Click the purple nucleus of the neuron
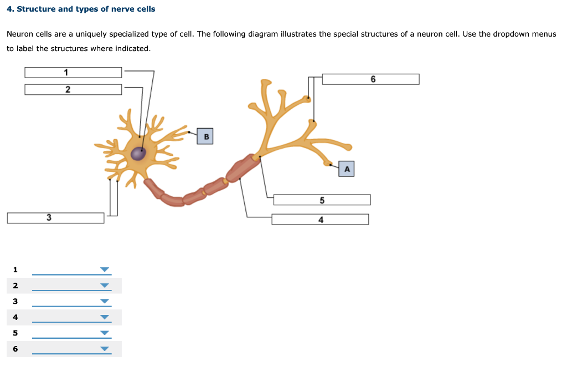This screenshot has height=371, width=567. click(138, 154)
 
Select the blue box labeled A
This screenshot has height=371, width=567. click(347, 169)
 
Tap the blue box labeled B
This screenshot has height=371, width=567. click(205, 136)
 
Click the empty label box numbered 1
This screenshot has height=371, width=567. click(73, 73)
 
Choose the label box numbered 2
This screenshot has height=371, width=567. click(73, 89)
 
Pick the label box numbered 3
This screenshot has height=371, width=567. click(55, 218)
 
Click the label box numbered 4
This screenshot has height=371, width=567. click(320, 220)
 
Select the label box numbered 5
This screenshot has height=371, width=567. click(322, 200)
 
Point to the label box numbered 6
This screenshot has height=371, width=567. click(370, 79)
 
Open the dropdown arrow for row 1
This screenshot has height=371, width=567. click(105, 270)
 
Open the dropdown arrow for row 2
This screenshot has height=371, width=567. click(105, 286)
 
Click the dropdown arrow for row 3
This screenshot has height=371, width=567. click(105, 302)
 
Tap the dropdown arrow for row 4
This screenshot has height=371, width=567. click(105, 318)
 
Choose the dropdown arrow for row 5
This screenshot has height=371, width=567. click(105, 333)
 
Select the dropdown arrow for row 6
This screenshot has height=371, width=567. click(105, 349)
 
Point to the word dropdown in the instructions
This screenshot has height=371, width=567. click(511, 34)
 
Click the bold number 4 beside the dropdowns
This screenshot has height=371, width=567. click(16, 317)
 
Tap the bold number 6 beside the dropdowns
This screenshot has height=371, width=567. click(16, 349)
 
